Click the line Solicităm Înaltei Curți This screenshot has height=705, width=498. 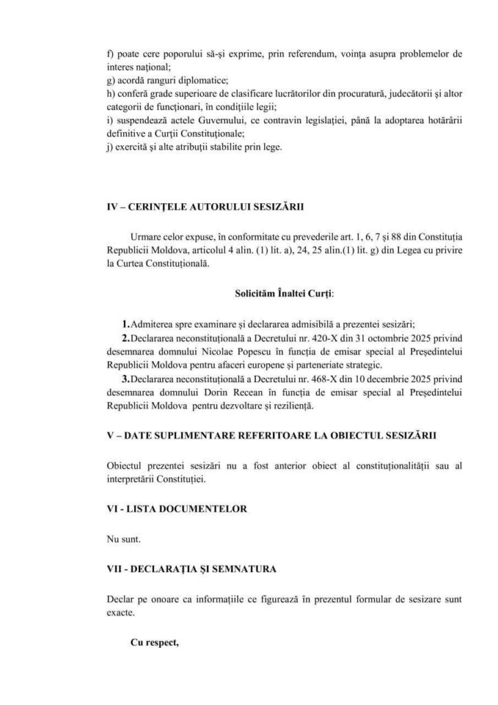tap(284, 293)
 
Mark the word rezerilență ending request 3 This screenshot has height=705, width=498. tap(293, 407)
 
